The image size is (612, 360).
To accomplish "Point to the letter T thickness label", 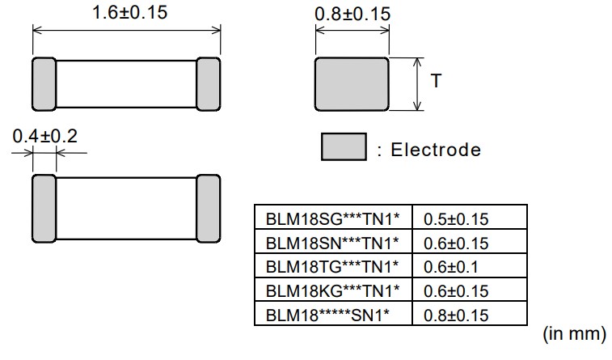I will click(436, 82).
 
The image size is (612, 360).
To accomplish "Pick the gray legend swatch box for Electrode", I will click(344, 148).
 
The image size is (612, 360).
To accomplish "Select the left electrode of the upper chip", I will click(43, 83).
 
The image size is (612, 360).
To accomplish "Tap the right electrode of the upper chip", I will click(208, 83).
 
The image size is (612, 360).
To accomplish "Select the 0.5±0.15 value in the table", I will click(456, 218).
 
